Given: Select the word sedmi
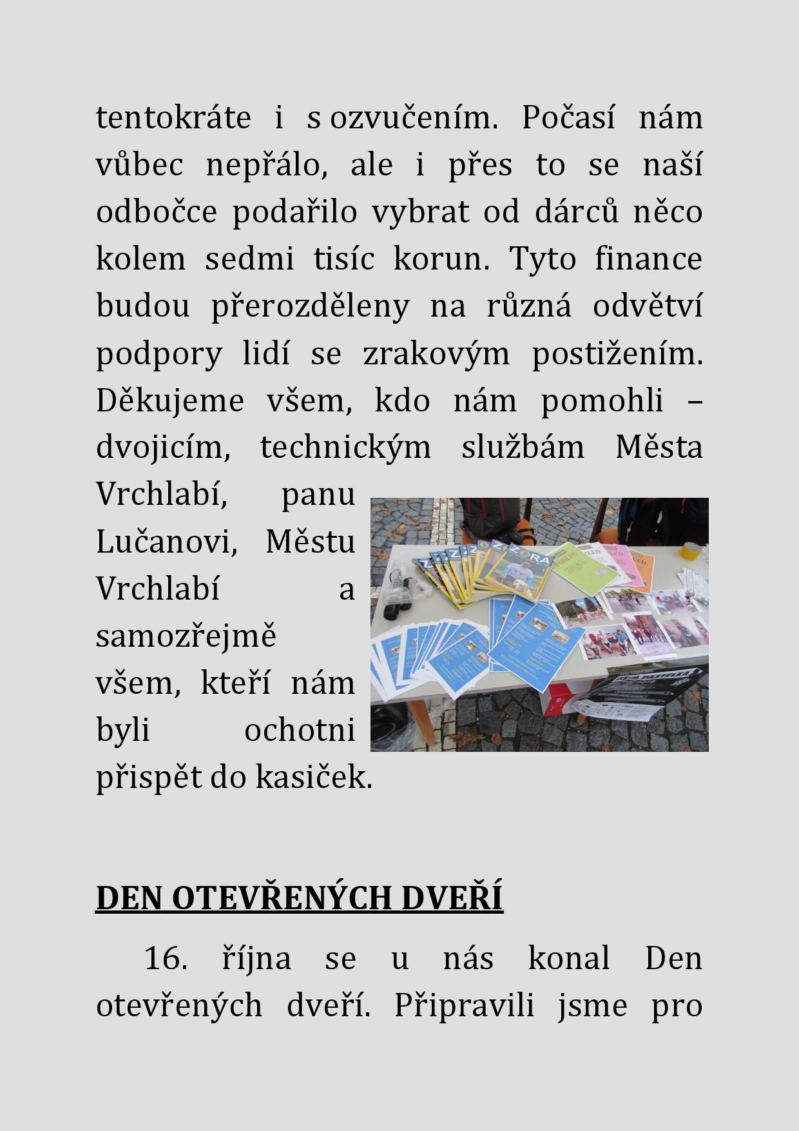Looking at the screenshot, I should (249, 259).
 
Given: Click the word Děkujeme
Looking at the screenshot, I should (170, 401).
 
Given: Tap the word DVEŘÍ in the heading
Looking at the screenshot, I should (451, 898).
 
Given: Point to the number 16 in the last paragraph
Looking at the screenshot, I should (165, 958).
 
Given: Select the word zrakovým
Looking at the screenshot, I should (436, 354).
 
